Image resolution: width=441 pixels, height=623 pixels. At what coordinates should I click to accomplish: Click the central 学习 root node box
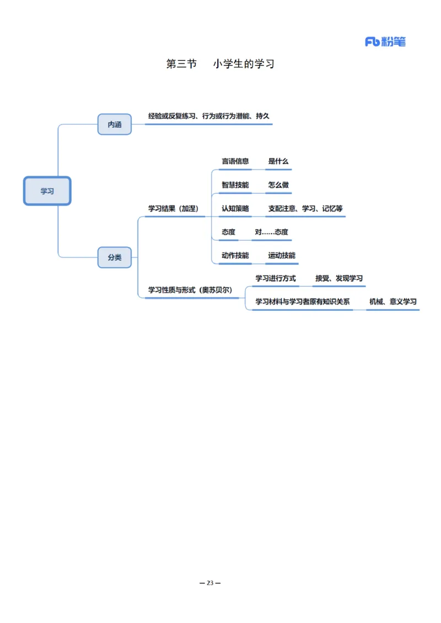47,191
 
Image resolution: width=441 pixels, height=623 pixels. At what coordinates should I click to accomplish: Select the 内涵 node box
115,124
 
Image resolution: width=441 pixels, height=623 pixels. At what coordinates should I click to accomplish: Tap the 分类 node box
115,257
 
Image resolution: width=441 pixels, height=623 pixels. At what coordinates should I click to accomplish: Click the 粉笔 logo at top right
385,42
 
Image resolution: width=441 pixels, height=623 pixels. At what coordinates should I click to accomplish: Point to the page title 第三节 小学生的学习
220,64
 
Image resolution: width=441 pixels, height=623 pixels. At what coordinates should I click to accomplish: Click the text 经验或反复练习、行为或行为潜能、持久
208,116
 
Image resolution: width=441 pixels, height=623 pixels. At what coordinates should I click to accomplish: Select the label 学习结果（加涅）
173,209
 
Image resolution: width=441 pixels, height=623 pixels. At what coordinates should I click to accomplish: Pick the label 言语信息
235,161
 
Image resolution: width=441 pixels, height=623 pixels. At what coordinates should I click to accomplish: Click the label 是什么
278,161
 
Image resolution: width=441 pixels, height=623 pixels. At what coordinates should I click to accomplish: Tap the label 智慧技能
235,185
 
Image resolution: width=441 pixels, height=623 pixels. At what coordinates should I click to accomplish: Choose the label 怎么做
278,185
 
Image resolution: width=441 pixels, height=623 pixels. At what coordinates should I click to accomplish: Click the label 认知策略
235,209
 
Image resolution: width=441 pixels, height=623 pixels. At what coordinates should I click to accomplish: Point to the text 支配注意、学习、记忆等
305,209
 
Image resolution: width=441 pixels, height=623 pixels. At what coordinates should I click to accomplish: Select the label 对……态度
271,232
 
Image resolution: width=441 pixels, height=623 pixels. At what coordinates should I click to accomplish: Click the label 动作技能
235,256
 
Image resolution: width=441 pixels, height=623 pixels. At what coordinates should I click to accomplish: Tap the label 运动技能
282,256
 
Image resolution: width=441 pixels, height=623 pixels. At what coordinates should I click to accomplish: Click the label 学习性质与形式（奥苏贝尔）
190,290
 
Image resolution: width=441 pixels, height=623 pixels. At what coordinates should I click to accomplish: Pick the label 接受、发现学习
338,279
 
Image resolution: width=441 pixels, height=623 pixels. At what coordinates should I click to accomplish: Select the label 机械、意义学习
392,302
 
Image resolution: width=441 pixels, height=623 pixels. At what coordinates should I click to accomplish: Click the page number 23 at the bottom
209,583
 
